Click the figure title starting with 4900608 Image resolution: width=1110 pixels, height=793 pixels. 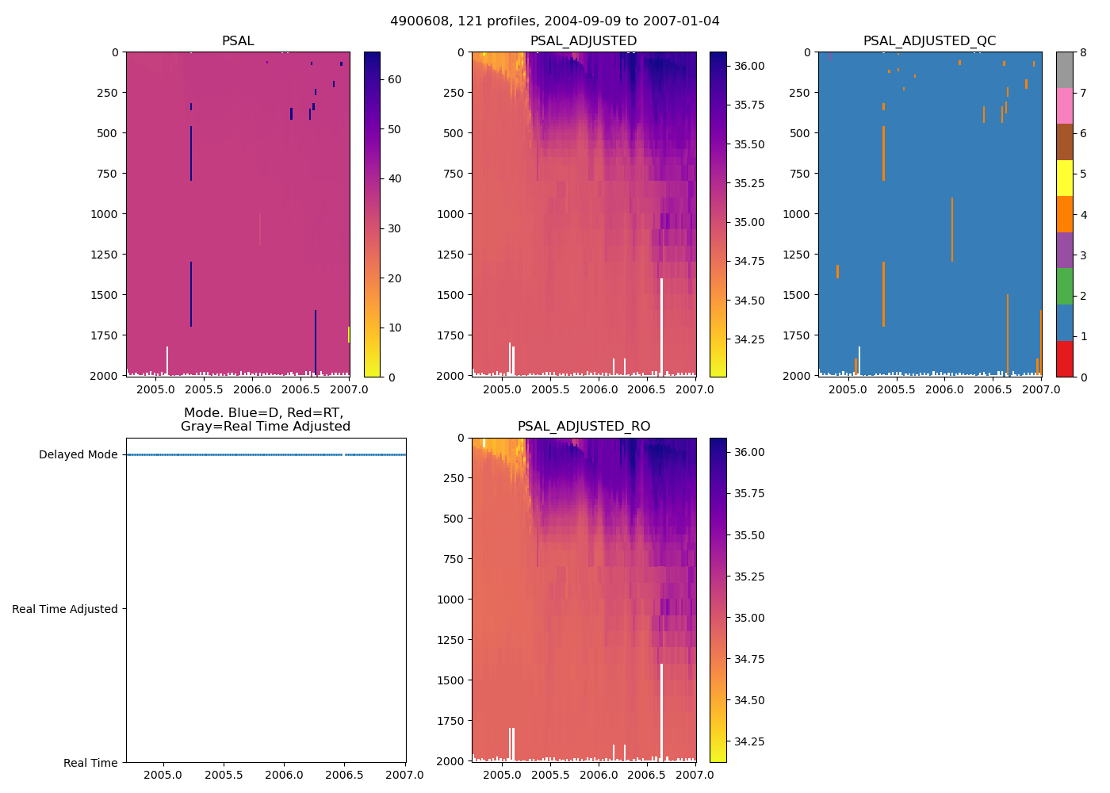554,21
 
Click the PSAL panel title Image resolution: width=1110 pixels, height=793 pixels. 238,41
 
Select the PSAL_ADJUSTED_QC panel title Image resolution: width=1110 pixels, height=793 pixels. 929,41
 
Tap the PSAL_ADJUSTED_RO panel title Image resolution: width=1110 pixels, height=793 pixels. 584,427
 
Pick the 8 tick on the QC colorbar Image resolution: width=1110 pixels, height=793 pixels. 1083,52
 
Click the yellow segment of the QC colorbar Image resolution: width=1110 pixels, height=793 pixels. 1064,178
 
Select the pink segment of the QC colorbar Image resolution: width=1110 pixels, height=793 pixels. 1064,106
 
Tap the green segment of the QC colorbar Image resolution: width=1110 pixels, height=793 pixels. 1064,286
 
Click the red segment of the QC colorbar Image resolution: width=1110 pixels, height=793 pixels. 1064,358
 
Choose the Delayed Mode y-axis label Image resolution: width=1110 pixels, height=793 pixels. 78,455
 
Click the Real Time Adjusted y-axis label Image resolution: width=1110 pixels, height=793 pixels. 65,609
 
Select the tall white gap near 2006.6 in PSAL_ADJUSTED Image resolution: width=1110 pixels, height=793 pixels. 661,325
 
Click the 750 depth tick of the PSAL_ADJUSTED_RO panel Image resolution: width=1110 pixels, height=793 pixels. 452,559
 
